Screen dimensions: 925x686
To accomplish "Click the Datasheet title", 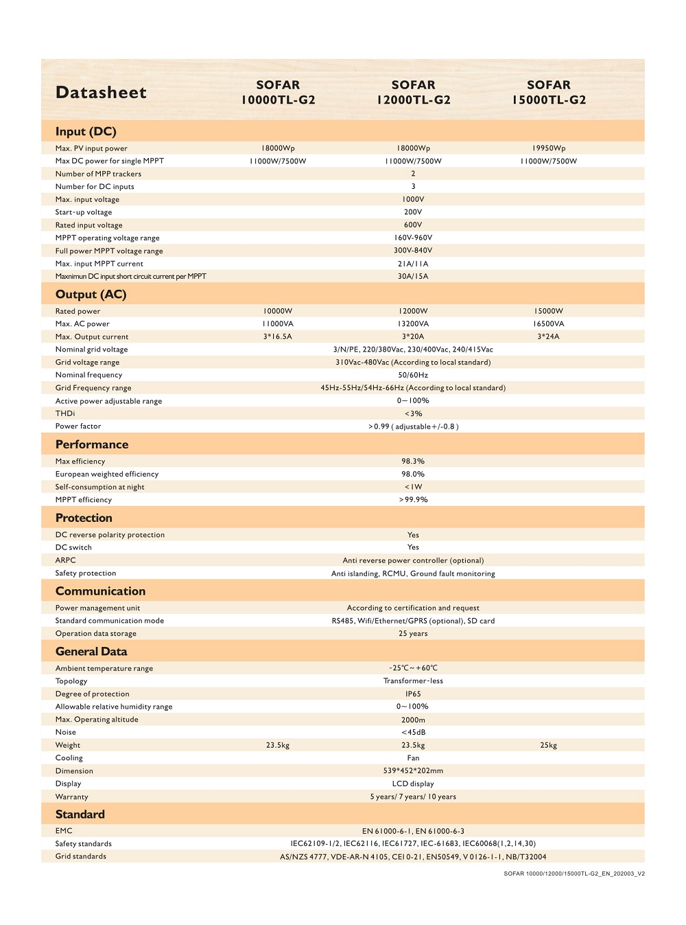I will point(101,93).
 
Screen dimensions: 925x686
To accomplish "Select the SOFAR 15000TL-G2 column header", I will point(549,92).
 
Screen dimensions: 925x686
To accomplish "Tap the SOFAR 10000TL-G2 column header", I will point(278,92).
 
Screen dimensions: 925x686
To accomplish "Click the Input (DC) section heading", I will point(86,131).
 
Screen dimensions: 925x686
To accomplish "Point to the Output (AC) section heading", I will point(91,295).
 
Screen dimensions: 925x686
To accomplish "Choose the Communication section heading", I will point(100,591).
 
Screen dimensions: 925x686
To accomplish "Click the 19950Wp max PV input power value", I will point(549,148).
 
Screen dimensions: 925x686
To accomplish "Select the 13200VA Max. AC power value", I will point(413,324).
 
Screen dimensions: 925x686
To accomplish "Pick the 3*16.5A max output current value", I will point(278,336).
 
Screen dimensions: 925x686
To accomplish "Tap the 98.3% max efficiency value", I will point(413,461).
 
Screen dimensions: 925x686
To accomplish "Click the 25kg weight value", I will point(549,745).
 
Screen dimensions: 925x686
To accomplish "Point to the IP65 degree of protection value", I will point(413,694).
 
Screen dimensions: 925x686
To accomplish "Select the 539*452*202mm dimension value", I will point(413,771).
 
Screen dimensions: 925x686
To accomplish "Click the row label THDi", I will point(65,413).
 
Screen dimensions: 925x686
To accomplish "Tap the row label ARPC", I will point(66,560).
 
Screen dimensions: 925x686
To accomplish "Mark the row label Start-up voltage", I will point(84,212).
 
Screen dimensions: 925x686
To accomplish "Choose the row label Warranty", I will point(72,797).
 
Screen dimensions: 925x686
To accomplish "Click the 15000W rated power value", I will point(549,311).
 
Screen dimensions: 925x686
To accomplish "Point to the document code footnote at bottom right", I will point(574,874).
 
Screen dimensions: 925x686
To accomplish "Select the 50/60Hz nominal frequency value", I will point(413,375).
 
